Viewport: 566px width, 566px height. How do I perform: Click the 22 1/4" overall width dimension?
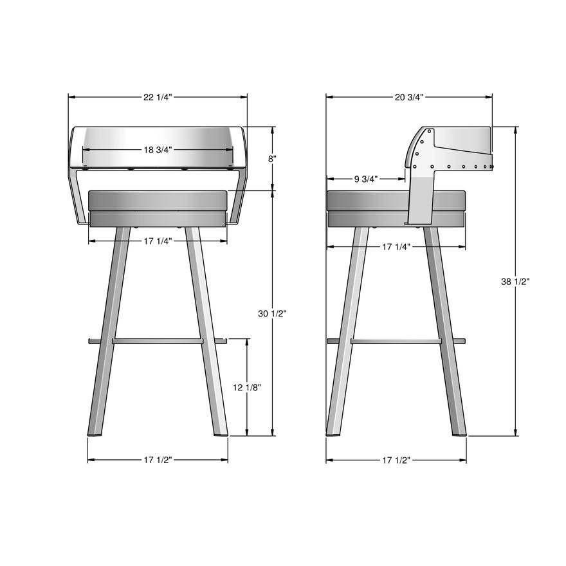point(158,97)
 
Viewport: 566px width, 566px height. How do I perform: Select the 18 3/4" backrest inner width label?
point(158,150)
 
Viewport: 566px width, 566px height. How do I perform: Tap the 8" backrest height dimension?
point(272,158)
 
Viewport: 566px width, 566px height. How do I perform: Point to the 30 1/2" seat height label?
point(272,313)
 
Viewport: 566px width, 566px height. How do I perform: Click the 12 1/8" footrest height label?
point(247,387)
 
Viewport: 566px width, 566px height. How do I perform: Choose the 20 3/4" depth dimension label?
point(409,97)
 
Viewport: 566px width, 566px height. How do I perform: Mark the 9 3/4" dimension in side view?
point(365,179)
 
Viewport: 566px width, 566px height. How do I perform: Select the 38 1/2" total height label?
point(515,281)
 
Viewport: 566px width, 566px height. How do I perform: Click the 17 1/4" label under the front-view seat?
point(158,241)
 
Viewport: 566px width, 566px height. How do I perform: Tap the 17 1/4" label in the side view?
point(397,246)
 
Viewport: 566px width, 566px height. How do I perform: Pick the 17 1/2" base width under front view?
point(158,460)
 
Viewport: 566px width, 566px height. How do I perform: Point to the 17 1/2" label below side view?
point(397,460)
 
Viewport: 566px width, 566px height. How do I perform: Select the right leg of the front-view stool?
point(207,334)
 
